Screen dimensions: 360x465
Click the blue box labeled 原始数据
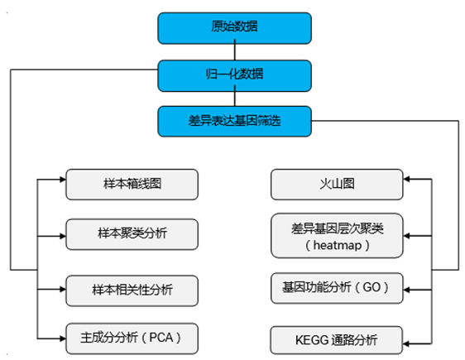234,27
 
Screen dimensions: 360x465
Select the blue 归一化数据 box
234,74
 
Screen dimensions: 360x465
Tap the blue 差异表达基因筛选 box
234,121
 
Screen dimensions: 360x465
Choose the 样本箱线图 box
132,183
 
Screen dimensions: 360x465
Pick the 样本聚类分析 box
132,233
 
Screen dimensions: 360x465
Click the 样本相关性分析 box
132,289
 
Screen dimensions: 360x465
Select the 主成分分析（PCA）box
132,338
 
